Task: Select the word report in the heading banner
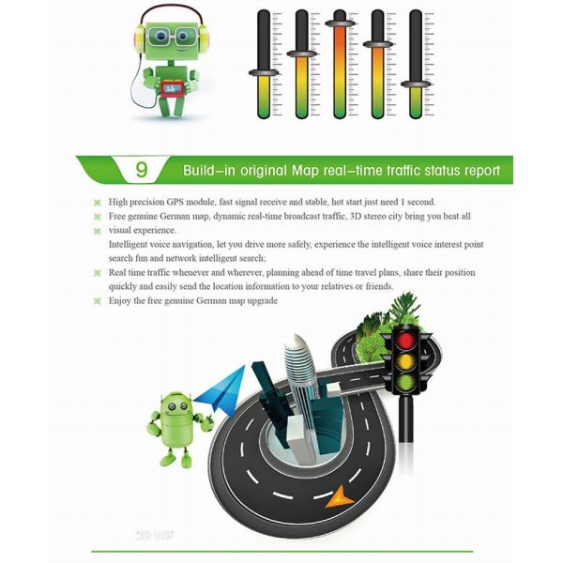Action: (x=479, y=172)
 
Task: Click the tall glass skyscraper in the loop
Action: (x=297, y=375)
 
